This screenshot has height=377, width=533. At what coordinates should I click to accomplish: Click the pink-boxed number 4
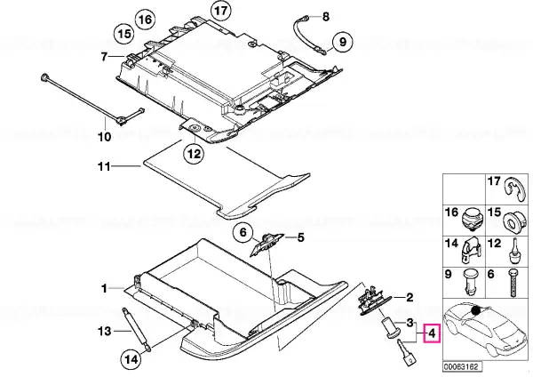pyautogui.click(x=432, y=333)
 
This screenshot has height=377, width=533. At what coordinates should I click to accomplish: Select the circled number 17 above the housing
pyautogui.click(x=221, y=11)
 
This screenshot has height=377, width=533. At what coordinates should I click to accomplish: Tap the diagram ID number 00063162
pyautogui.click(x=462, y=367)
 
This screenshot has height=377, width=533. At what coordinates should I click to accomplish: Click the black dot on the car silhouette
pyautogui.click(x=476, y=310)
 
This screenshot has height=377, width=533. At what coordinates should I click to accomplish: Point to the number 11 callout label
pyautogui.click(x=104, y=167)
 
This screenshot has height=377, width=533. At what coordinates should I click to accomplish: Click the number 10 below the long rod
pyautogui.click(x=105, y=137)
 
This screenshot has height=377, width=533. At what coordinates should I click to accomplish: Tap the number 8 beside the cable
pyautogui.click(x=326, y=16)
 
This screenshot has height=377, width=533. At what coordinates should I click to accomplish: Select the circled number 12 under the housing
pyautogui.click(x=194, y=154)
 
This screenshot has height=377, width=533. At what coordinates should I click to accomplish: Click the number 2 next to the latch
pyautogui.click(x=410, y=298)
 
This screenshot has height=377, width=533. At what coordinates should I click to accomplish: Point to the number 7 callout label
pyautogui.click(x=104, y=57)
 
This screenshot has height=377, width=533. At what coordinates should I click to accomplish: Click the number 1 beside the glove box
pyautogui.click(x=104, y=289)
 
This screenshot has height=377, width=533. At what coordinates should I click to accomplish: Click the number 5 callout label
pyautogui.click(x=301, y=237)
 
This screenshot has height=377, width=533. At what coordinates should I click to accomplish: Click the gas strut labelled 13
pyautogui.click(x=136, y=328)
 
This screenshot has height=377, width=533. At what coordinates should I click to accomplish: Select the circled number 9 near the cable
pyautogui.click(x=343, y=42)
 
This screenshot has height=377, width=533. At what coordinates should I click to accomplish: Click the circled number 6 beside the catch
pyautogui.click(x=243, y=233)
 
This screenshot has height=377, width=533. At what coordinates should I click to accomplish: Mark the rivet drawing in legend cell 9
pyautogui.click(x=471, y=283)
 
